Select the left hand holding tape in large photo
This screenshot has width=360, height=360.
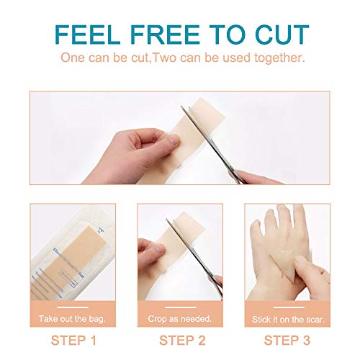coord(133,148)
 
